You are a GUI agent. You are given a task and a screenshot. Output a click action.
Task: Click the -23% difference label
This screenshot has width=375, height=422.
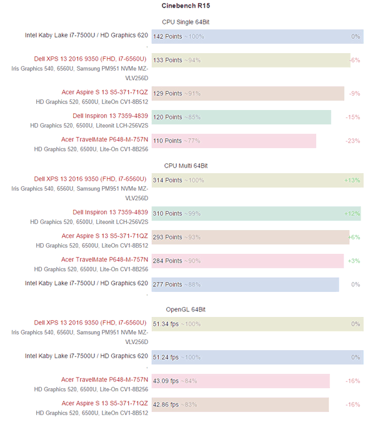click(352, 141)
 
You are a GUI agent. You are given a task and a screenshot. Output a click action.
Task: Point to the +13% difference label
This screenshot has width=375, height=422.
click(352, 180)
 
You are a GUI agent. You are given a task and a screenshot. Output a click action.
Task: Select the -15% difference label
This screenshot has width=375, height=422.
click(352, 117)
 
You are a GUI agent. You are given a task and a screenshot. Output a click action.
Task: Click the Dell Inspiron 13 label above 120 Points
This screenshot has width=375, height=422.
click(110, 116)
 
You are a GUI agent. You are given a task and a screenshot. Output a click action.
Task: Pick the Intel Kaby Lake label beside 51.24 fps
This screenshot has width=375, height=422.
click(86, 356)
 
